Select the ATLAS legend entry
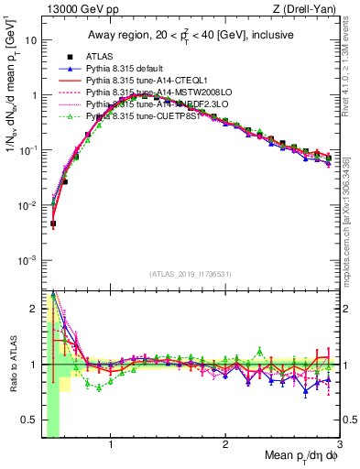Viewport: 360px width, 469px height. (100, 57)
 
